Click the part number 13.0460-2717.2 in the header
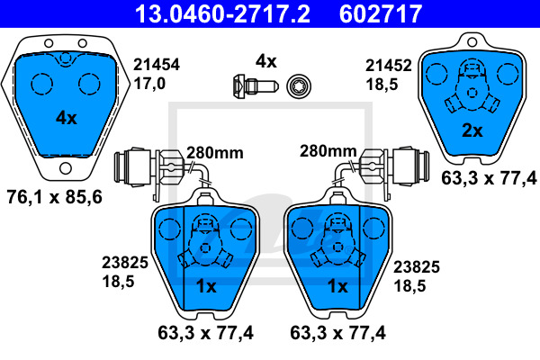point(223,13)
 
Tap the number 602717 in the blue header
point(381,13)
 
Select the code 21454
point(157,65)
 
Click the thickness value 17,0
point(149,84)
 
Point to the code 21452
point(389,66)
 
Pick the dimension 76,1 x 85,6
point(54,197)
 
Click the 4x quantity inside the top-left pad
point(67,118)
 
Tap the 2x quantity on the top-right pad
point(472,130)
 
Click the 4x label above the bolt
point(265,61)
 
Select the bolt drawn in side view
point(255,86)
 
